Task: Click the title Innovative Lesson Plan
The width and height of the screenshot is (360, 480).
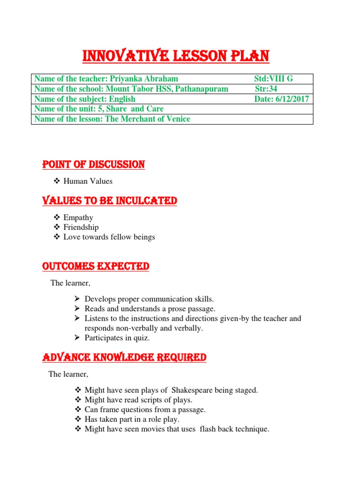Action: click(176, 57)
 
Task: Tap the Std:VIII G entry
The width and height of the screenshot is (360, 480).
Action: click(273, 79)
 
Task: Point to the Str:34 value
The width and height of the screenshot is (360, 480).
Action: click(266, 89)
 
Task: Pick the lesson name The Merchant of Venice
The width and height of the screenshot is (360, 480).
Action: click(148, 119)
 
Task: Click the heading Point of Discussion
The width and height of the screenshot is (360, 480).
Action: click(93, 165)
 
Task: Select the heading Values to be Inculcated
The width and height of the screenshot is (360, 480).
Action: click(109, 201)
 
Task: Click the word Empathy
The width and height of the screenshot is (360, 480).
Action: click(78, 217)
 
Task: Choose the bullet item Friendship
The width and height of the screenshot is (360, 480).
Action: click(81, 227)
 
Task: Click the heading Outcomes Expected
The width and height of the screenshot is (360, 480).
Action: click(96, 267)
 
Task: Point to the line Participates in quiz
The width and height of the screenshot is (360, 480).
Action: click(117, 338)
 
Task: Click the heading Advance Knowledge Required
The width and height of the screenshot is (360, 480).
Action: click(124, 358)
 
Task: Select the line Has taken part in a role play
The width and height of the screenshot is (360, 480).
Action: click(132, 420)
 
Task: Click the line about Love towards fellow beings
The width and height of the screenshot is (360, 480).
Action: click(109, 237)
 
